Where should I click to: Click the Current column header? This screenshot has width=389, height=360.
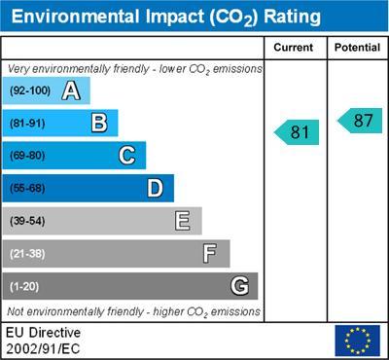tap(294, 48)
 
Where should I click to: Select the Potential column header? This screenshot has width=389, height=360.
tap(357, 48)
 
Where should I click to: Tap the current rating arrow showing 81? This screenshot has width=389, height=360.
tap(298, 131)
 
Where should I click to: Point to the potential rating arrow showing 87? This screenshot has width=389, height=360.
tap(360, 121)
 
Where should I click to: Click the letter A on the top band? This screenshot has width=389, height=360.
tap(70, 91)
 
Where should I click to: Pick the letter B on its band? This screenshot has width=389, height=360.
tap(98, 123)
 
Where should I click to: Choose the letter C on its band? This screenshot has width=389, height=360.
tap(126, 155)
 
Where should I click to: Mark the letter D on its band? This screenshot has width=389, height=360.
tap(155, 188)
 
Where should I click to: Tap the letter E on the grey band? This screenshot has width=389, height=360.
tap(182, 221)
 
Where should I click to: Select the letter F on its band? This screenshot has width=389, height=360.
tap(210, 253)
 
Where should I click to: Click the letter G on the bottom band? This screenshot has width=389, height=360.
tap(238, 286)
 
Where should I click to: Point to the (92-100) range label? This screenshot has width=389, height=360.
tap(29, 91)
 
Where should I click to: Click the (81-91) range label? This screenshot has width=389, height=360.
tap(27, 124)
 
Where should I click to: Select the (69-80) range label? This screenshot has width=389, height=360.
tap(27, 156)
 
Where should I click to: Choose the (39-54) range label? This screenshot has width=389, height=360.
tap(27, 221)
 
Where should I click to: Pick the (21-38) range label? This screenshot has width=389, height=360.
tap(27, 254)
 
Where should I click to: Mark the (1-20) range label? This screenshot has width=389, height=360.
tap(24, 287)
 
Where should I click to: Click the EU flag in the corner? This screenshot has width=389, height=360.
tap(357, 341)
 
